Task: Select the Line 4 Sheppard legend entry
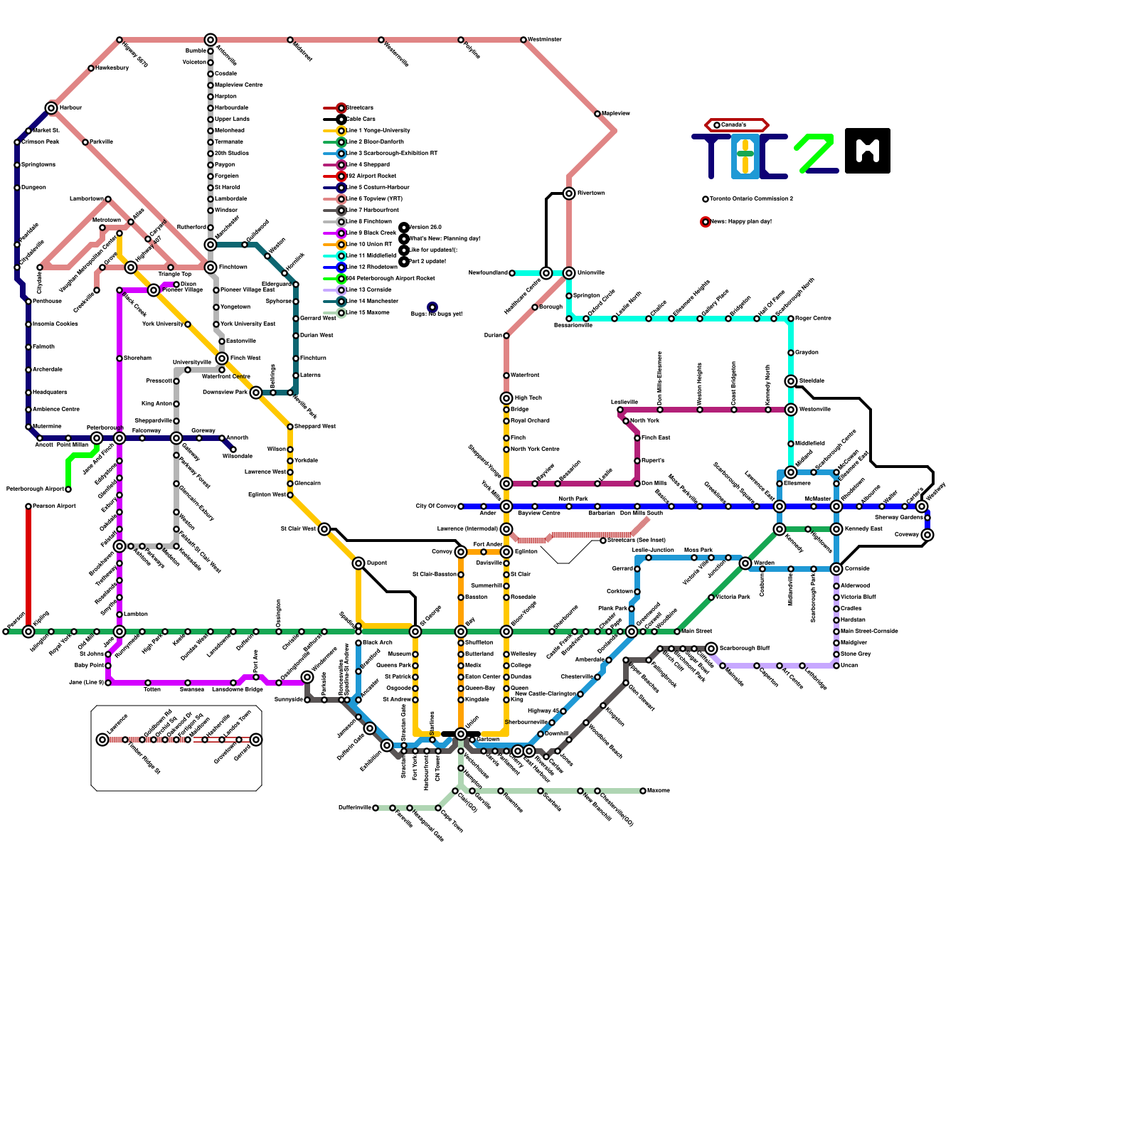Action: [368, 165]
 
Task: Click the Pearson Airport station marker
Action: [28, 506]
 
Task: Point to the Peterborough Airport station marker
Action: [68, 489]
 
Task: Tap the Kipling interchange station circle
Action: [28, 632]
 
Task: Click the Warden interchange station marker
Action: [745, 563]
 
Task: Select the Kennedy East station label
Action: [863, 529]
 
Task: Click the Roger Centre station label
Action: [813, 319]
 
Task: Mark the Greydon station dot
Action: [791, 353]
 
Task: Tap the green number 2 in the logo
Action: [814, 152]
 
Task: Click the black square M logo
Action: [868, 151]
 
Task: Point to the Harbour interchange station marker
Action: [51, 108]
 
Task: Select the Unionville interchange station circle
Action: [569, 273]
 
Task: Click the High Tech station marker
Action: [506, 398]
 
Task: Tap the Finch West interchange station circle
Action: [222, 358]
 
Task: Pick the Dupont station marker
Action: [358, 563]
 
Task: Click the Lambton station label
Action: [136, 615]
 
